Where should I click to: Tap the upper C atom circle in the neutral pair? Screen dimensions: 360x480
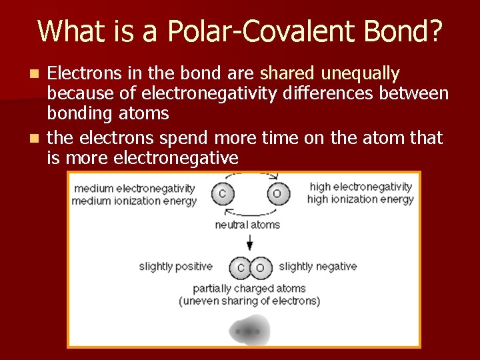[x=222, y=194]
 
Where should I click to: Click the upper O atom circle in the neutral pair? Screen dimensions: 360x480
[x=277, y=194]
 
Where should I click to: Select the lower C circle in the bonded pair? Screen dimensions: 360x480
[x=239, y=267]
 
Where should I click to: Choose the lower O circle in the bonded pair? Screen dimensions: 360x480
[x=260, y=267]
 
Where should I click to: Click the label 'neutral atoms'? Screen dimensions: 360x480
[x=247, y=225]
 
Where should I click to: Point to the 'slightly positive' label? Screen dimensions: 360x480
[x=175, y=267]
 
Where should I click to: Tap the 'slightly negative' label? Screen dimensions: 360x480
[x=317, y=267]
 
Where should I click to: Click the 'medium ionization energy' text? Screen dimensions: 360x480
[x=134, y=201]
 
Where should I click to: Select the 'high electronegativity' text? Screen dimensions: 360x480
[x=361, y=187]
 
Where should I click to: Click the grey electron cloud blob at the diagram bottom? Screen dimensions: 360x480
[x=249, y=331]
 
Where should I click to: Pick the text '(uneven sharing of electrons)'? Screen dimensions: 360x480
[x=249, y=301]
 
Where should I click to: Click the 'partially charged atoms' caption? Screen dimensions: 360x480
[x=249, y=289]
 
